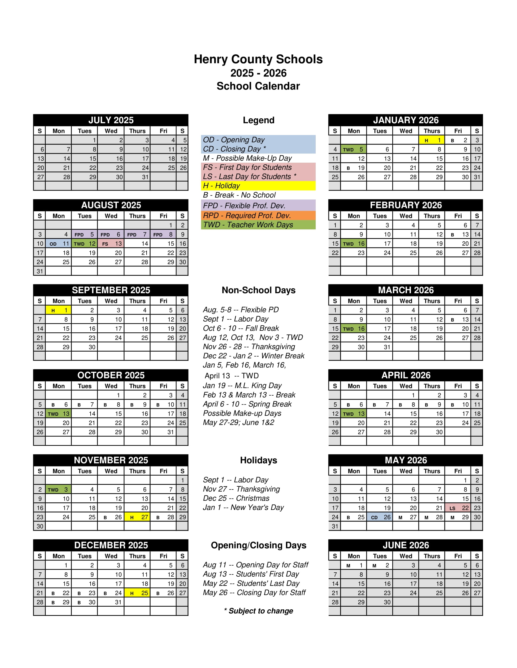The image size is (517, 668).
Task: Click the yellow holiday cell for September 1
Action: point(58,310)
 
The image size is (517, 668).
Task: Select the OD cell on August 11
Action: point(58,243)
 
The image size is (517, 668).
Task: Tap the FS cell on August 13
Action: point(111,243)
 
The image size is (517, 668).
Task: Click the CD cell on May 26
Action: point(380,517)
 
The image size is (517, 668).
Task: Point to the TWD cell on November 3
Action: point(58,489)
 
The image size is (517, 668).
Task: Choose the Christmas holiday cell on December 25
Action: point(137,593)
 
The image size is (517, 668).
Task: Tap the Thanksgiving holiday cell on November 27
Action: point(137,517)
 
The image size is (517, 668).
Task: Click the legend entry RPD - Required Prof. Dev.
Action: point(258,215)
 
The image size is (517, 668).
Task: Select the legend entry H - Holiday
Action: point(258,186)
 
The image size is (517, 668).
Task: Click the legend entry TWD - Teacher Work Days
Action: point(258,225)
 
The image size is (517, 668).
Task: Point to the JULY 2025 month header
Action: point(111,120)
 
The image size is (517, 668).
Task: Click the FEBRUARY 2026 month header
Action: point(406,205)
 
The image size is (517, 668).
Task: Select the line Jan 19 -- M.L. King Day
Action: point(242,385)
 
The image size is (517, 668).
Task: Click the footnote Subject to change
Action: point(259,611)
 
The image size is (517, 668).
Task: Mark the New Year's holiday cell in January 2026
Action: point(432,140)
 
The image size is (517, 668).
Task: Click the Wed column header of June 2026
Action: point(406,556)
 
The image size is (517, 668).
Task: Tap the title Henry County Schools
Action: point(258,59)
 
